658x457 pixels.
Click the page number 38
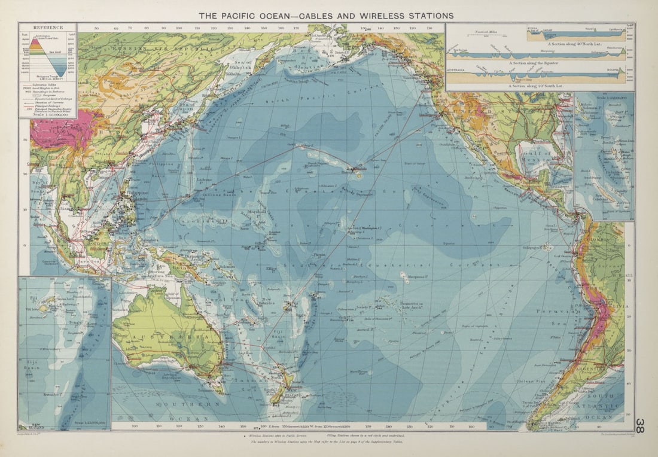point(639,425)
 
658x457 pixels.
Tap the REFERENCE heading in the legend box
point(48,28)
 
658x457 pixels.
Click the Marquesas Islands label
point(412,276)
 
